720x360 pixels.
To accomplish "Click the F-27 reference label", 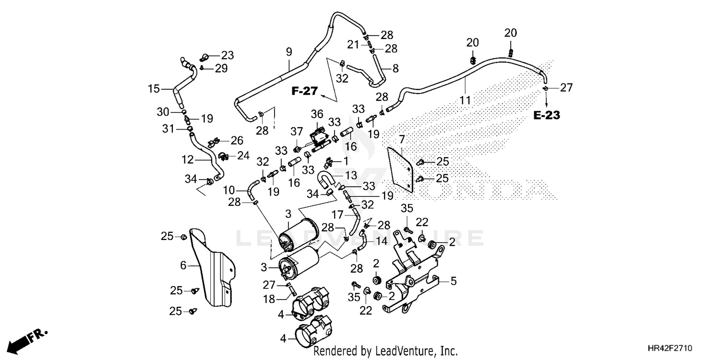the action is click(304, 91).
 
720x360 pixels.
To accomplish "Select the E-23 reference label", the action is click(547, 115).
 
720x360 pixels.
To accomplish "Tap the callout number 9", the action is click(289, 52).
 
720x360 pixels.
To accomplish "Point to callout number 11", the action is click(465, 100).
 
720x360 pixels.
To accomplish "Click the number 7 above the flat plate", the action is click(402, 140).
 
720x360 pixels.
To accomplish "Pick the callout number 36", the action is click(317, 114).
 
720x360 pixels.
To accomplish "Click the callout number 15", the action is click(154, 89).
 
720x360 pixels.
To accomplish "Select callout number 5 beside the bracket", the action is click(454, 281).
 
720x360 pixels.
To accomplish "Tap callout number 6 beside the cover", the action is click(183, 265).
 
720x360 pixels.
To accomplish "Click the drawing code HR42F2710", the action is click(670, 348).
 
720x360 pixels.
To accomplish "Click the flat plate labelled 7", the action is click(400, 170).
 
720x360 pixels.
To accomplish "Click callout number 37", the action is click(297, 132).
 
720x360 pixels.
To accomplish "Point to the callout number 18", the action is click(269, 299).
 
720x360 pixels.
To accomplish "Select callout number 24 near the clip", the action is click(243, 156).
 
